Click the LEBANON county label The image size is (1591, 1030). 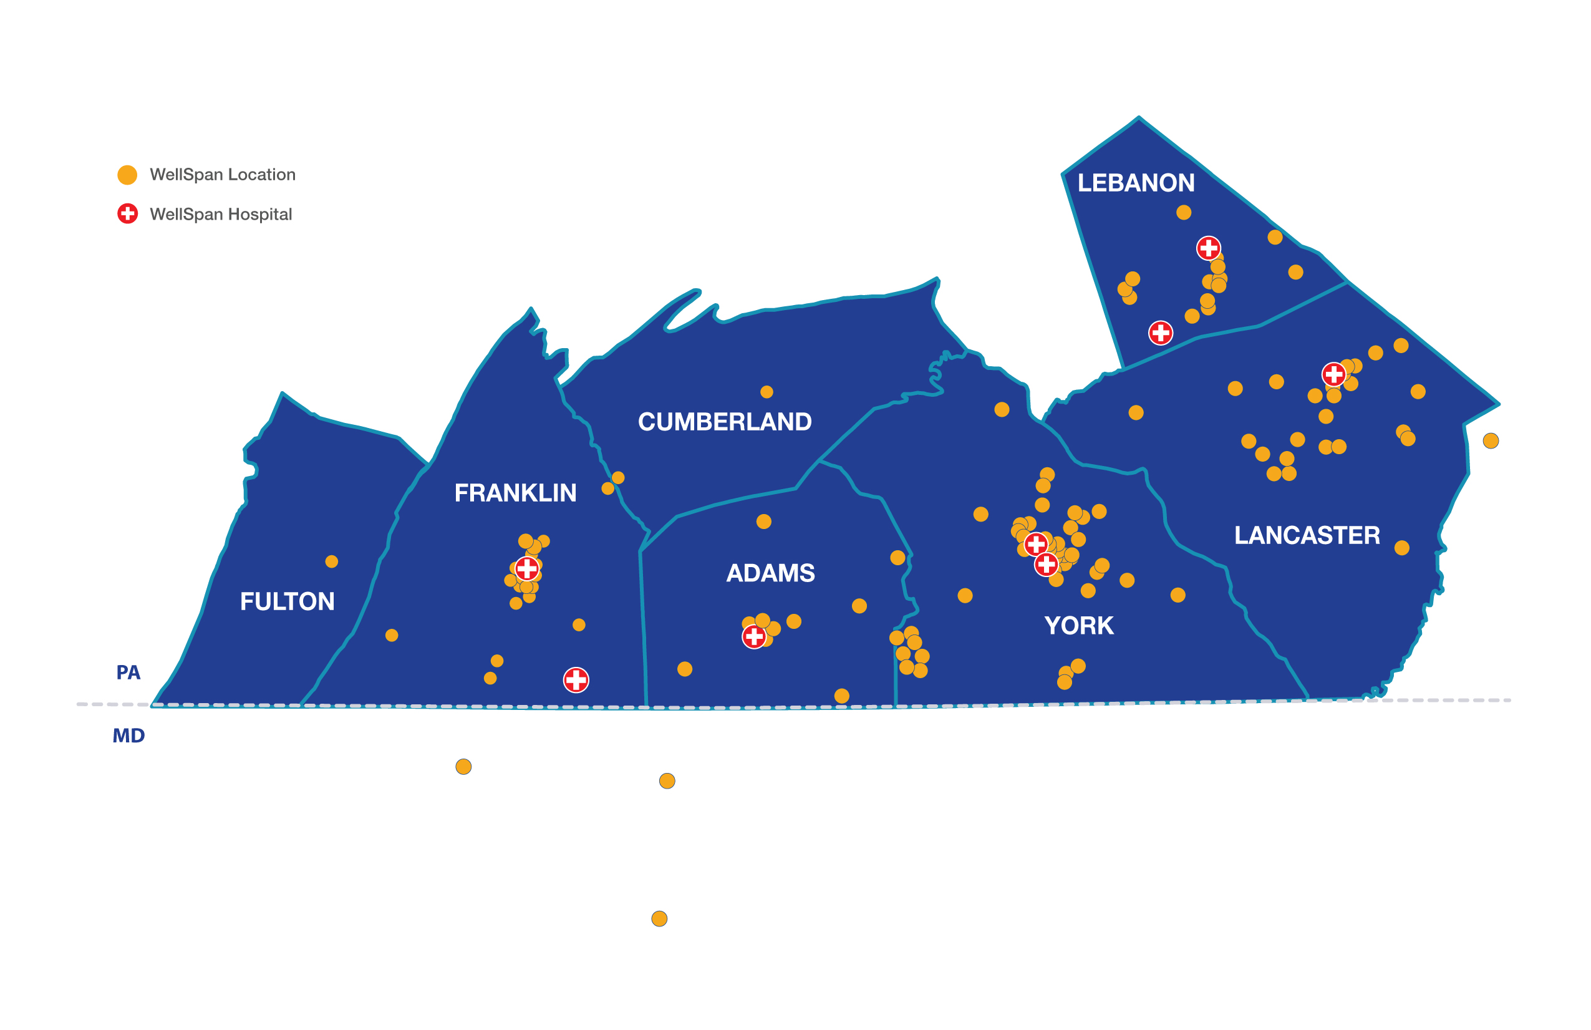click(1136, 183)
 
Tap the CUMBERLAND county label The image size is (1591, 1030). click(725, 422)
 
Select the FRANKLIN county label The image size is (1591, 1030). click(515, 493)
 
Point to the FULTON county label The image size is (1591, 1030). click(287, 601)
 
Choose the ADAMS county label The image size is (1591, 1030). click(770, 573)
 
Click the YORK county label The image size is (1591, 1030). click(1078, 626)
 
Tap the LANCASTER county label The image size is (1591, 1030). click(1306, 535)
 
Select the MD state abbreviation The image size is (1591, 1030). click(128, 736)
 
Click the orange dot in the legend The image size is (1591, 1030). click(127, 175)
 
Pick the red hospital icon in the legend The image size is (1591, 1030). click(127, 214)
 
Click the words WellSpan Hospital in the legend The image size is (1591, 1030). click(221, 214)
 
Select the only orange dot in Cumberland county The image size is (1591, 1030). click(766, 392)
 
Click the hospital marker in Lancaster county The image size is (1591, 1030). click(1333, 374)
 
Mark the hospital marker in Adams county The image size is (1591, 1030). click(754, 636)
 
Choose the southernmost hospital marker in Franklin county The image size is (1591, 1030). click(576, 680)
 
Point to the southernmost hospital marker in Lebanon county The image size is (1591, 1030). click(1161, 333)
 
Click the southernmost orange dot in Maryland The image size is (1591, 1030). click(659, 918)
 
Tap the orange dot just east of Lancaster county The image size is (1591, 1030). click(1491, 440)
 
